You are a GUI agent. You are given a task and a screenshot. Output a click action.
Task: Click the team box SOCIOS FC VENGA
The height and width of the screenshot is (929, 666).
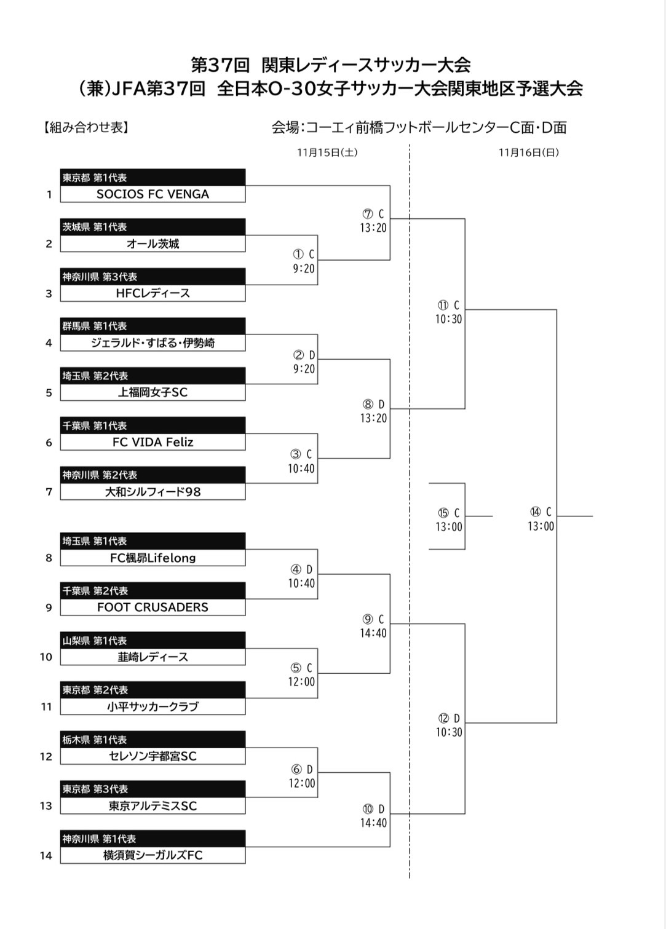coord(153,194)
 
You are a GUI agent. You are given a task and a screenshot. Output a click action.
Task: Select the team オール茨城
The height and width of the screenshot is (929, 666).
coord(153,243)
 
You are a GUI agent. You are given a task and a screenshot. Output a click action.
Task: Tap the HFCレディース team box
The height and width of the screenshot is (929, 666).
coord(153,293)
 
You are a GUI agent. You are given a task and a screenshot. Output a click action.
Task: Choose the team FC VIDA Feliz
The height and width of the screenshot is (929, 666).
coord(153,442)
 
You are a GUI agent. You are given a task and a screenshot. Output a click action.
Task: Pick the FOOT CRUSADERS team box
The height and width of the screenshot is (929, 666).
coord(153,607)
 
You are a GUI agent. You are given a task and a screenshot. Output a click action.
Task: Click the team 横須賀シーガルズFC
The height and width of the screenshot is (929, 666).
coord(153,855)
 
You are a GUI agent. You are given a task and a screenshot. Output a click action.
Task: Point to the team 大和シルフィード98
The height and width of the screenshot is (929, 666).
coord(153,491)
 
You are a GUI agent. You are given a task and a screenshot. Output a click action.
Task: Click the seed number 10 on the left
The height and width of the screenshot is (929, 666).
coord(46,657)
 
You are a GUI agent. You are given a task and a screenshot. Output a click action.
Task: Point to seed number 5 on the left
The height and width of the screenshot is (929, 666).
coord(49,393)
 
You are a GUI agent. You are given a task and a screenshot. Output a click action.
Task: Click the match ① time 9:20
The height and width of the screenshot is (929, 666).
coord(304,269)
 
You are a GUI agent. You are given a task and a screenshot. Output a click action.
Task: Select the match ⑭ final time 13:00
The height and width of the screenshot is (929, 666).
coord(541,526)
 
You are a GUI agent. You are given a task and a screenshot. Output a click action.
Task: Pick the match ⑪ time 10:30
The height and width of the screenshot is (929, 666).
coord(449,319)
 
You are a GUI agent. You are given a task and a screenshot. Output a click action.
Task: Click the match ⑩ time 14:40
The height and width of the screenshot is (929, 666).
coord(373,823)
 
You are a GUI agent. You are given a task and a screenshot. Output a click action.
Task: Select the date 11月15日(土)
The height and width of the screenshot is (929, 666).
coord(327,152)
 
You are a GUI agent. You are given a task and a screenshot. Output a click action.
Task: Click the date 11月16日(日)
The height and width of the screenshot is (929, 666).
coord(529,152)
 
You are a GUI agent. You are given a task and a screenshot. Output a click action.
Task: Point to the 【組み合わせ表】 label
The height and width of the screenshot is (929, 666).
coord(86,127)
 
